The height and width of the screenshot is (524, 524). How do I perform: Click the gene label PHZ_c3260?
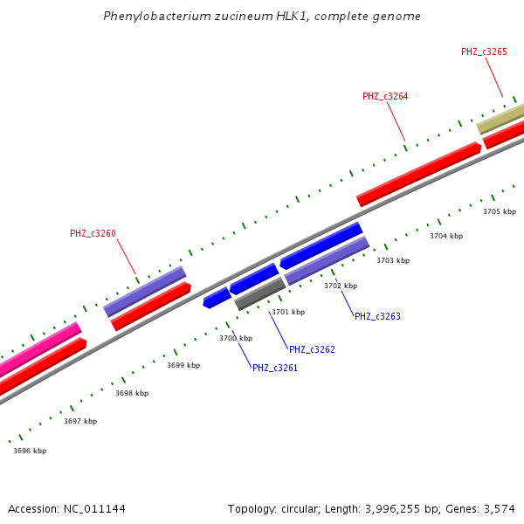tap(93, 233)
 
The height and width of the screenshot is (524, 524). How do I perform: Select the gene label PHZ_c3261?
tap(275, 368)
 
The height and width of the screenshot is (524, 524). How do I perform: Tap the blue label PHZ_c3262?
tap(312, 349)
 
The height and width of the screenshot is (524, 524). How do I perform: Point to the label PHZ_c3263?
tap(377, 316)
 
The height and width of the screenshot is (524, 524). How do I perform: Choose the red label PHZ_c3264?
tap(385, 96)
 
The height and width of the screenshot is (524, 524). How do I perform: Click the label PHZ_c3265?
tap(484, 52)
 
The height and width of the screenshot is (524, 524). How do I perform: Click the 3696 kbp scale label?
tap(30, 451)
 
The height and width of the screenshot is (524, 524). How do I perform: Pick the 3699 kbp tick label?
tap(183, 365)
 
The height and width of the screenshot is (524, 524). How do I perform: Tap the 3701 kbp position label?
tap(288, 312)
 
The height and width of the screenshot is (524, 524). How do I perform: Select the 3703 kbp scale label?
tap(392, 260)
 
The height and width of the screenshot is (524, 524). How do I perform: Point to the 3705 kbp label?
tap(500, 211)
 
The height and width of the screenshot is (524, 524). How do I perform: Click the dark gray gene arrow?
tap(260, 293)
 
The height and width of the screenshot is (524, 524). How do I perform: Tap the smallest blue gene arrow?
tap(217, 298)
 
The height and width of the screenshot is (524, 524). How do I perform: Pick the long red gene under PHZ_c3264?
tap(419, 174)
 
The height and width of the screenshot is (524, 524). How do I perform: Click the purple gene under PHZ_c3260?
tap(145, 291)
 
